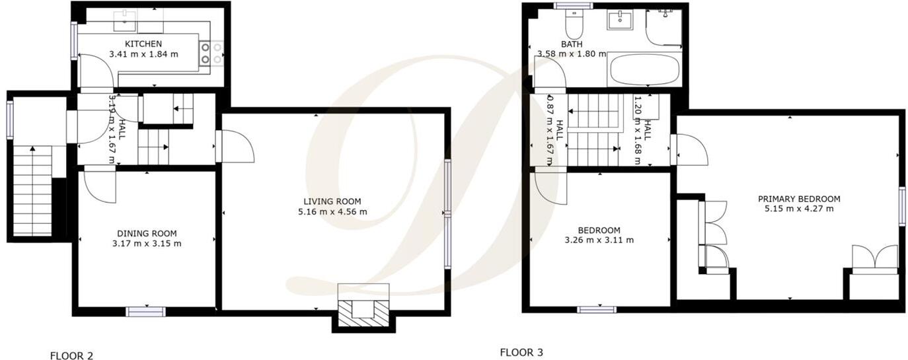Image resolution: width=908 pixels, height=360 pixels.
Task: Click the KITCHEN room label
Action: click(143, 44)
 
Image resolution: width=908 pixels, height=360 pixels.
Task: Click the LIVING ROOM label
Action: click(332, 201)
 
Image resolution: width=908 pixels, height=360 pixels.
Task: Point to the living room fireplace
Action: click(363, 306)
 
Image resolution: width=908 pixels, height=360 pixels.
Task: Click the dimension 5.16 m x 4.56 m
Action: click(332, 212)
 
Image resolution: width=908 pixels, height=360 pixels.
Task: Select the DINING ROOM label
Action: click(147, 233)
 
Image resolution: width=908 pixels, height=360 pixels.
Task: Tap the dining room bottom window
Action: click(145, 311)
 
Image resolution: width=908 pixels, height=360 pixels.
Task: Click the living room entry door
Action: click(237, 146)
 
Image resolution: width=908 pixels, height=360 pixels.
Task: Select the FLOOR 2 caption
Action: click(71, 356)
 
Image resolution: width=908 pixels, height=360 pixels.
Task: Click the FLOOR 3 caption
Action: click(521, 353)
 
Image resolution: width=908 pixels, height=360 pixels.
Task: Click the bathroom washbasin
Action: click(620, 20)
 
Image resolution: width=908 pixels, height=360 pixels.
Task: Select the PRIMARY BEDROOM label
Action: click(798, 199)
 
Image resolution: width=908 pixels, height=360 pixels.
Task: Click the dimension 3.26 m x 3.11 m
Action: click(600, 240)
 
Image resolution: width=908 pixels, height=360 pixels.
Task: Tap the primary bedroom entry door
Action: click(689, 150)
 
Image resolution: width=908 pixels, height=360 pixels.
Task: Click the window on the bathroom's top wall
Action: click(572, 7)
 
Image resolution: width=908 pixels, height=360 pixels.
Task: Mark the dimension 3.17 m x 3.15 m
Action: click(147, 243)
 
